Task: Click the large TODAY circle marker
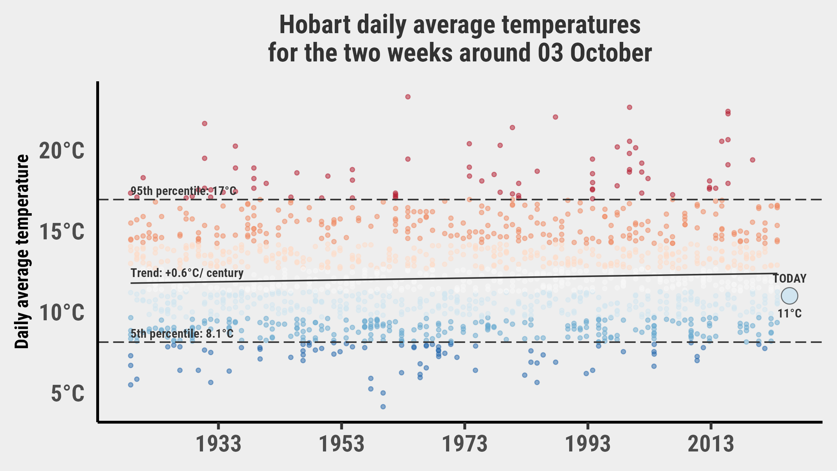tap(790, 296)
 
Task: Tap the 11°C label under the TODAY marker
tap(790, 314)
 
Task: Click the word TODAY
tap(790, 279)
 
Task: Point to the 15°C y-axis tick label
tap(62, 232)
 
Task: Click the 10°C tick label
tap(62, 313)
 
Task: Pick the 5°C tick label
tap(68, 394)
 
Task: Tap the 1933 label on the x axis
tap(218, 444)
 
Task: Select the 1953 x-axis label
tap(342, 444)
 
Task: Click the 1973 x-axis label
tap(465, 444)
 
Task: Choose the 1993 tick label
tap(588, 444)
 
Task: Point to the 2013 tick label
tap(711, 444)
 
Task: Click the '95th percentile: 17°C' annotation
tap(183, 191)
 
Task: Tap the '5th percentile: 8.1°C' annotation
tap(182, 334)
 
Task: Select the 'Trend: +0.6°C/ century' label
tap(187, 273)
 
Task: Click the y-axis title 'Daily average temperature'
tap(22, 251)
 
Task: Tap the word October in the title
tap(611, 53)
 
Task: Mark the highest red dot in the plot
tap(408, 97)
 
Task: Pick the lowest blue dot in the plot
tap(383, 406)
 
